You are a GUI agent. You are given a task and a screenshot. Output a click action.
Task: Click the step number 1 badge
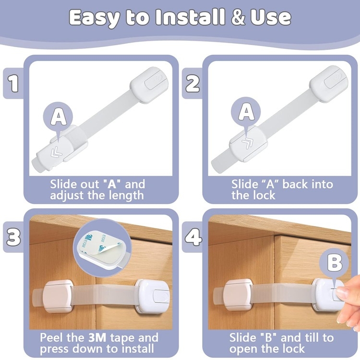coord(13,84)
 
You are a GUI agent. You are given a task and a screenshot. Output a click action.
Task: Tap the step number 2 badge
coord(192,84)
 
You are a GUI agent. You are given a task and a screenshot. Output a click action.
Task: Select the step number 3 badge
coord(13,237)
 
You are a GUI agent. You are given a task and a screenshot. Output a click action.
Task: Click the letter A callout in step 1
coord(58,117)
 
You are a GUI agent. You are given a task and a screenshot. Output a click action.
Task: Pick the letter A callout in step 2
coord(246,112)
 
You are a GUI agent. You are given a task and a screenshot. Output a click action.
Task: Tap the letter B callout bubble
coord(334,263)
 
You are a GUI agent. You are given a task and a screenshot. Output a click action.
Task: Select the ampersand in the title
coord(238,18)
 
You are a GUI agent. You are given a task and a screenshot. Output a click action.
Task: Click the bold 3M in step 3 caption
coord(97,337)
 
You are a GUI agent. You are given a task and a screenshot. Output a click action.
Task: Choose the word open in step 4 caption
coord(243,349)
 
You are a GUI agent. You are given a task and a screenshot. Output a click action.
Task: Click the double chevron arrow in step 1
coord(57,152)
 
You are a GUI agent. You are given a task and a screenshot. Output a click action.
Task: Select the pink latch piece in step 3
coord(58,296)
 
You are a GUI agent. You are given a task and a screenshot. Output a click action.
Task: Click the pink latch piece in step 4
coord(238,296)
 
